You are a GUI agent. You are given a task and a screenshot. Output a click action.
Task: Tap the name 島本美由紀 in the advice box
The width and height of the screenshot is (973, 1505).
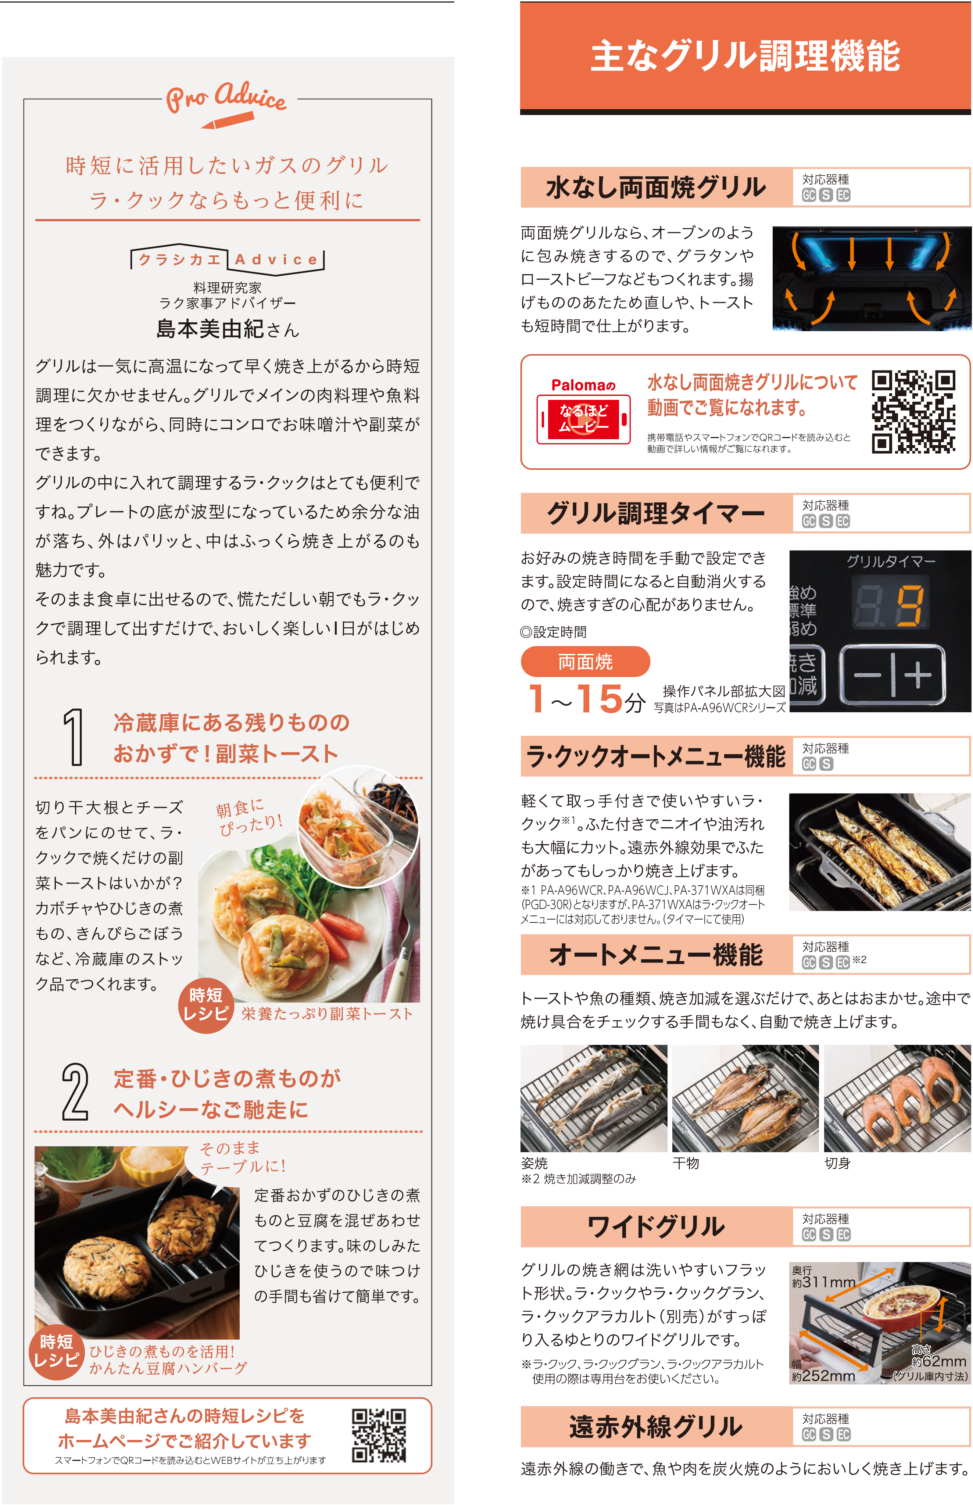(x=210, y=329)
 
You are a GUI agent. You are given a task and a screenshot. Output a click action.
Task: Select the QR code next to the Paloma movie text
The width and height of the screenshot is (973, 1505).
(x=913, y=412)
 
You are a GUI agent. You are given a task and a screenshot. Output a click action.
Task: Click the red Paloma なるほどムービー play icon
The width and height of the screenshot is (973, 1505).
(x=583, y=419)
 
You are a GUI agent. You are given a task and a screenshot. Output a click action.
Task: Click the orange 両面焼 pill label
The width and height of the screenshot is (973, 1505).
(x=585, y=661)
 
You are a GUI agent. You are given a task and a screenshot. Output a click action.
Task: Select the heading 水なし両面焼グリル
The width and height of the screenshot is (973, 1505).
(x=656, y=187)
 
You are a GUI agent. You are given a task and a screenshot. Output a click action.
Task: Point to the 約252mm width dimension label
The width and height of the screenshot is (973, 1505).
(x=823, y=1370)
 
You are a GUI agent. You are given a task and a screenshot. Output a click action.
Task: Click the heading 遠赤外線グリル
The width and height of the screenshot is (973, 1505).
(x=656, y=1426)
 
